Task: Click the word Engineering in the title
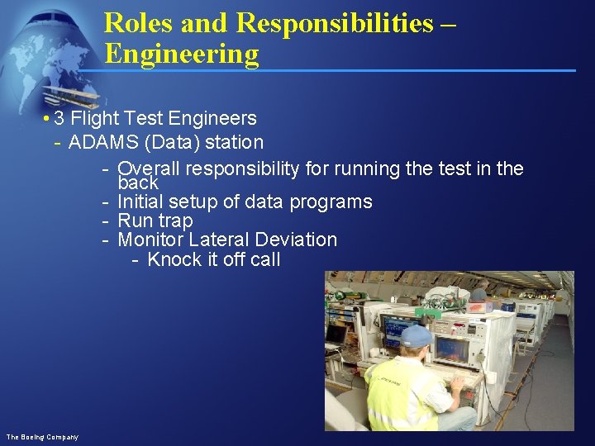(181, 55)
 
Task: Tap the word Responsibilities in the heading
(334, 23)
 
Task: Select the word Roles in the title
(139, 23)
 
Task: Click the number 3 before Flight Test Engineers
(59, 118)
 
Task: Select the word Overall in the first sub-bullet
(149, 168)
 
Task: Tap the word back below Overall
(138, 183)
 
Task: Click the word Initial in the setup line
(143, 202)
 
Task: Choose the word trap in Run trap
(174, 221)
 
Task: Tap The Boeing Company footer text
(42, 436)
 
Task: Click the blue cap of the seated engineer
(417, 334)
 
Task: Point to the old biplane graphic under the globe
(70, 95)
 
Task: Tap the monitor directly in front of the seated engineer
(455, 351)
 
